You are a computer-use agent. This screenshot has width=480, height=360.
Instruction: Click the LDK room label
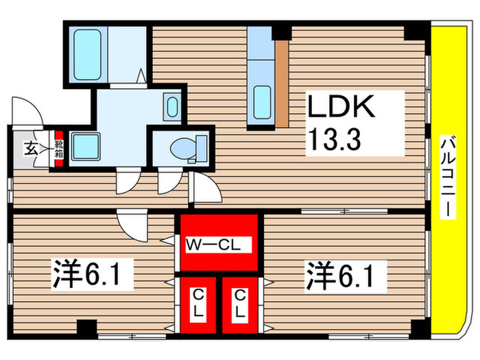tap(341, 106)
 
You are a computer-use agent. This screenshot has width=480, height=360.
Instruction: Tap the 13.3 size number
tap(335, 139)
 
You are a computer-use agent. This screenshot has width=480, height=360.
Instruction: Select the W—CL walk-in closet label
tap(213, 245)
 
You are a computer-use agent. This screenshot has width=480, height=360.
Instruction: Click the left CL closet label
tap(198, 303)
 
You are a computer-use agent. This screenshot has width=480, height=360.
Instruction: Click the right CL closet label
tap(240, 303)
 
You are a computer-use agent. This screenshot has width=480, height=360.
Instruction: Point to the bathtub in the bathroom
tap(88, 55)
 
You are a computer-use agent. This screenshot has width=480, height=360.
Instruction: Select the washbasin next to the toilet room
tap(172, 106)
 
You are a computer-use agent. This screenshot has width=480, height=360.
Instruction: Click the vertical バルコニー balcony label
tap(448, 177)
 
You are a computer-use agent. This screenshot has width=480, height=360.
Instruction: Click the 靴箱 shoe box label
tap(59, 149)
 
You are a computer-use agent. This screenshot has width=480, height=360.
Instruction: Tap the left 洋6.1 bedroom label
tap(91, 274)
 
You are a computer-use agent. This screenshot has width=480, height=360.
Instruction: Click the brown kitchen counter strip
tap(282, 84)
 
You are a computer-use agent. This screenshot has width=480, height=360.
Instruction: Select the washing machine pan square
tap(86, 147)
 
